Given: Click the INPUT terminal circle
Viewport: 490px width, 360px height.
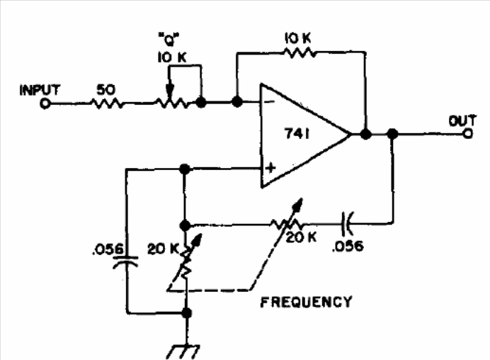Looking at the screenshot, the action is (x=45, y=103).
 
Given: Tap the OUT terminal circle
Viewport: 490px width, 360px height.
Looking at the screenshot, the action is (x=467, y=134).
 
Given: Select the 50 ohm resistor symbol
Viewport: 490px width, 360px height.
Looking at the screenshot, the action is (x=106, y=103).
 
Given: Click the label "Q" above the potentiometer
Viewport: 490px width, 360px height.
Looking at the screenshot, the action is (x=169, y=40).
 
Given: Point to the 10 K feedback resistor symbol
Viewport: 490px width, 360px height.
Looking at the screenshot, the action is (x=299, y=52).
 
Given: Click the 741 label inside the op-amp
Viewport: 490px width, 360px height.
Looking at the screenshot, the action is (x=297, y=134).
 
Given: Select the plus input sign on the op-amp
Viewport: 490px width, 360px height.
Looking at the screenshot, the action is (x=270, y=168).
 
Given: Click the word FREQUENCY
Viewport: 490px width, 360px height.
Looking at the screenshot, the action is (x=306, y=302).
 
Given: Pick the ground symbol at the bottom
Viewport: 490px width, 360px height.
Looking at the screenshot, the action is (x=183, y=352).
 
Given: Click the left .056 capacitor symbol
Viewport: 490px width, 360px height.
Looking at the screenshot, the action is (x=125, y=261).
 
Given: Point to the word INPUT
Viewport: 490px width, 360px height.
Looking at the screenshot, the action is (x=40, y=91).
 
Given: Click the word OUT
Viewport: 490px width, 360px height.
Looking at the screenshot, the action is (x=462, y=120).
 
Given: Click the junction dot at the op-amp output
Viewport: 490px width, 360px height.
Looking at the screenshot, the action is (x=366, y=134).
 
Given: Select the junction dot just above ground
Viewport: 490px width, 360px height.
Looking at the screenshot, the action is (x=186, y=313).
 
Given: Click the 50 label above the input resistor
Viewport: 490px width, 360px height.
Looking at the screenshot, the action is (x=106, y=90).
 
